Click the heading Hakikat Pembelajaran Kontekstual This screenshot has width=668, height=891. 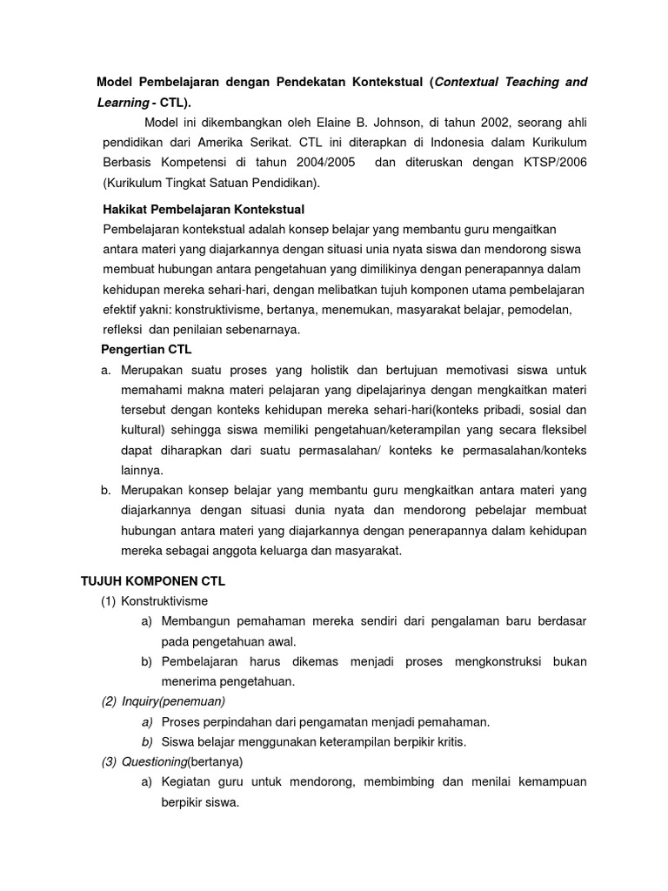click(203, 210)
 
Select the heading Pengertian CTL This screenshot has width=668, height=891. click(147, 350)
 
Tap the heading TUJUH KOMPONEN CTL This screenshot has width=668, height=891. click(153, 580)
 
